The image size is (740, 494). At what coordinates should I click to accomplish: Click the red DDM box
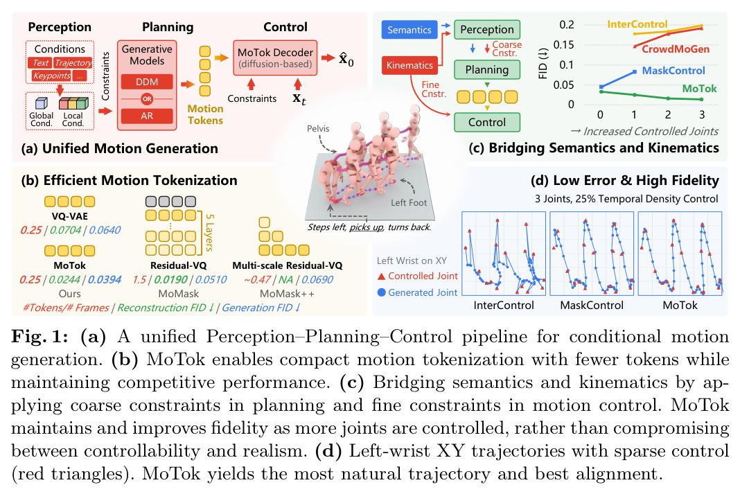[147, 82]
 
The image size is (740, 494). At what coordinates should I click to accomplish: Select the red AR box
[147, 116]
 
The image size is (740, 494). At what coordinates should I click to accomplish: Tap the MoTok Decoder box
[275, 58]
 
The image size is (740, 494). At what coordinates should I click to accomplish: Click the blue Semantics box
[409, 30]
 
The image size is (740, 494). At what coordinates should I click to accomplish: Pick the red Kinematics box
[409, 65]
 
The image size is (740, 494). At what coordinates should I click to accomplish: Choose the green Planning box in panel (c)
[487, 69]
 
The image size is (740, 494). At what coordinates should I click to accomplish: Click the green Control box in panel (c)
[487, 122]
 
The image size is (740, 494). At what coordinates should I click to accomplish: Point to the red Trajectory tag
[73, 63]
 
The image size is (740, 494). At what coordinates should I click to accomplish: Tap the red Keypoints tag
[51, 76]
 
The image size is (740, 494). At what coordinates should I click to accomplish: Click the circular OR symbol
[147, 99]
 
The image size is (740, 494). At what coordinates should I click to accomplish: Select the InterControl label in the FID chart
[637, 24]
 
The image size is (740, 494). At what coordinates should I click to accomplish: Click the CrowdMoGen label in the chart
[676, 49]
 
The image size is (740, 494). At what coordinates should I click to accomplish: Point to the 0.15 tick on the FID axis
[564, 45]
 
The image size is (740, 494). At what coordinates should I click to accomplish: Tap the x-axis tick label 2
[668, 114]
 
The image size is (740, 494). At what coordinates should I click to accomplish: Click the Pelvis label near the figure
[318, 128]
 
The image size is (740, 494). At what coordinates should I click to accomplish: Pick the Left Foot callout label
[409, 202]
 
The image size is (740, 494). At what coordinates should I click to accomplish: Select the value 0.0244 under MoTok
[64, 279]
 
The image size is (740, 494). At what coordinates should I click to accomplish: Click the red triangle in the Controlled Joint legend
[381, 276]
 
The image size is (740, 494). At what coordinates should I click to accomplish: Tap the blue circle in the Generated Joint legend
[381, 292]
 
